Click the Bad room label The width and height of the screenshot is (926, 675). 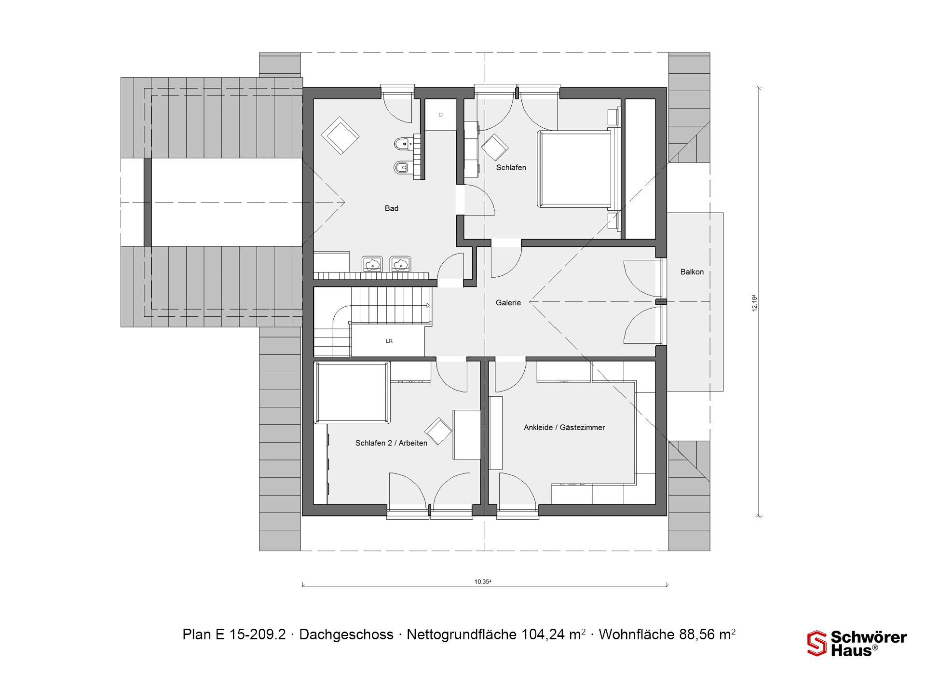[x=391, y=208]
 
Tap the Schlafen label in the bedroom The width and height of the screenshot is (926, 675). [x=511, y=168]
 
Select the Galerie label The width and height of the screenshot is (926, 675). [x=508, y=303]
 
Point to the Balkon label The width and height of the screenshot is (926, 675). [x=692, y=272]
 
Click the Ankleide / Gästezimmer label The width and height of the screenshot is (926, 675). [x=564, y=427]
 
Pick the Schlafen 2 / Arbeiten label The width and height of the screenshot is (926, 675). [x=391, y=443]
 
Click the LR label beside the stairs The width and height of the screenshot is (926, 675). [x=389, y=341]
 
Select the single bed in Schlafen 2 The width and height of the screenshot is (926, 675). [x=352, y=393]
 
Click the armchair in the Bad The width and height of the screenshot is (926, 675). [x=340, y=135]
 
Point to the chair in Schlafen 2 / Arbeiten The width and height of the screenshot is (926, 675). [x=438, y=431]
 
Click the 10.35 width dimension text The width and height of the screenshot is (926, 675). [x=482, y=581]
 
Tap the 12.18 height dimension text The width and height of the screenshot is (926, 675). [x=755, y=303]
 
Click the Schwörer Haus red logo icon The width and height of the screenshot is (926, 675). [x=817, y=644]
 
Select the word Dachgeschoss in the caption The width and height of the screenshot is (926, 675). [x=346, y=634]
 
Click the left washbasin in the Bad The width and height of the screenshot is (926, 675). [x=372, y=264]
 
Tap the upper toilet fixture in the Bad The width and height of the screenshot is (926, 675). [x=402, y=143]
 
